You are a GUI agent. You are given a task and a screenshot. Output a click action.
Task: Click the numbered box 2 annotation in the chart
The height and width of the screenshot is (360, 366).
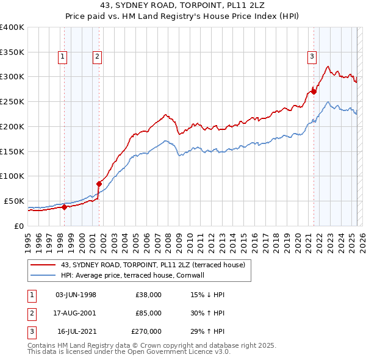pyautogui.click(x=97, y=57)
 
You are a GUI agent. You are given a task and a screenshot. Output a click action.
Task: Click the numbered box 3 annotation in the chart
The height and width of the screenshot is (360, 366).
pyautogui.click(x=312, y=57)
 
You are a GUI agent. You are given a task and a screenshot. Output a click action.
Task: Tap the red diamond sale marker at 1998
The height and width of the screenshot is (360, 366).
pyautogui.click(x=64, y=207)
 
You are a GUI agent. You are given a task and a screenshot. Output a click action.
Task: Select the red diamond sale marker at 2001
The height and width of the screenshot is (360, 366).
pyautogui.click(x=99, y=183)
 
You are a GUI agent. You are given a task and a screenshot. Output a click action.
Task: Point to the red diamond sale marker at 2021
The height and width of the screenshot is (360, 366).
pyautogui.click(x=314, y=92)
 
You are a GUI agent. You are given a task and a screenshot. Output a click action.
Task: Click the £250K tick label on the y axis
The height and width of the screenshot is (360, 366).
pyautogui.click(x=12, y=101)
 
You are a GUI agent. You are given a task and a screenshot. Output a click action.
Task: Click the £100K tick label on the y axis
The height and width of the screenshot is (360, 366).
pyautogui.click(x=12, y=176)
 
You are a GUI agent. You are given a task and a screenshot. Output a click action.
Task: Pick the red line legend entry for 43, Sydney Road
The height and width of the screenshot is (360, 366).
pyautogui.click(x=152, y=265)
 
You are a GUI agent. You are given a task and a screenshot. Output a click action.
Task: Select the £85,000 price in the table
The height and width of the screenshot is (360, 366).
pyautogui.click(x=148, y=313)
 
